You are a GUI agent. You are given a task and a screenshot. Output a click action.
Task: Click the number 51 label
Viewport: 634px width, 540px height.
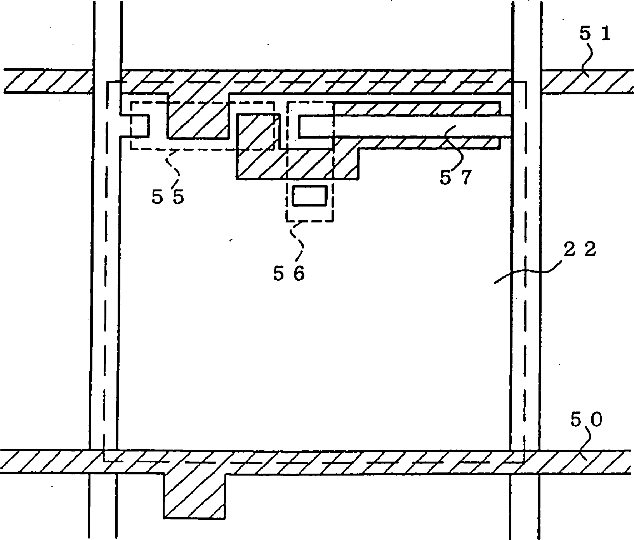pyautogui.click(x=595, y=34)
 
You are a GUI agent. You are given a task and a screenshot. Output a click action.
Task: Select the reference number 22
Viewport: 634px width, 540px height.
pyautogui.click(x=579, y=250)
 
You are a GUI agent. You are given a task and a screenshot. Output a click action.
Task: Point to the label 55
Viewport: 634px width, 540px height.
pyautogui.click(x=168, y=198)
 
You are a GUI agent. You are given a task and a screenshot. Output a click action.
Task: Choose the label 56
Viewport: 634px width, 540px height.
pyautogui.click(x=289, y=274)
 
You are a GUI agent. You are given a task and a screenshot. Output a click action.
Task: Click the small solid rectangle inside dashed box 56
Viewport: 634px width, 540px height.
pyautogui.click(x=309, y=195)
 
